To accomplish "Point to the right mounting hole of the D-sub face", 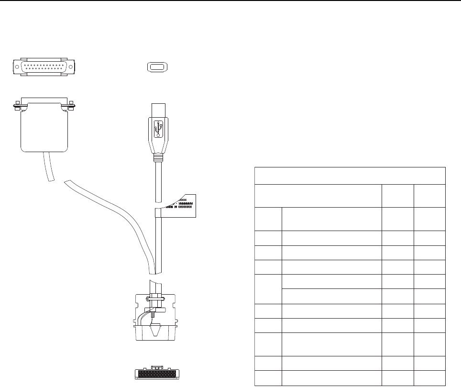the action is pos(71,67).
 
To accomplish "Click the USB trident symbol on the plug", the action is pos(158,128).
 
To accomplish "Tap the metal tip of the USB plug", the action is pos(158,109).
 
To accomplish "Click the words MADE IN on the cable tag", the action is pos(171,207).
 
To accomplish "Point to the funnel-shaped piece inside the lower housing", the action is pos(156,330).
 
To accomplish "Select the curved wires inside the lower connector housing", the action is pos(142,318).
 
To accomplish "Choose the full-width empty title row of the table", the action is pos(350,176).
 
